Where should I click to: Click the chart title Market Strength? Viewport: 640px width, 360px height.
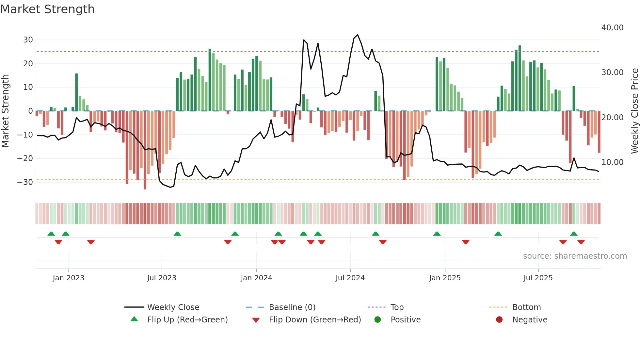click(x=48, y=9)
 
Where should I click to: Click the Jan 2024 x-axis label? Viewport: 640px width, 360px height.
click(x=256, y=278)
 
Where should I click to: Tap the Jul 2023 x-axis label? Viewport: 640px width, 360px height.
click(x=162, y=278)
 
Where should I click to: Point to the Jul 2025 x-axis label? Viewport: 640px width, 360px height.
click(x=538, y=278)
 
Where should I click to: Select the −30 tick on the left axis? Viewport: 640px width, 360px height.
click(x=25, y=182)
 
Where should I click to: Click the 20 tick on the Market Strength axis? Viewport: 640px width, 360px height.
click(x=28, y=63)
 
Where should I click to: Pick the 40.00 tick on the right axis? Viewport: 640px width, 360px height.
click(x=612, y=28)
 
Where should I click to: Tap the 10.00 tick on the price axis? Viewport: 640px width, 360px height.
click(x=612, y=162)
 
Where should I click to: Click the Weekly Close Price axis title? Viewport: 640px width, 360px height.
click(x=634, y=111)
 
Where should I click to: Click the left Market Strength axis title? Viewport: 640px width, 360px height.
click(x=6, y=111)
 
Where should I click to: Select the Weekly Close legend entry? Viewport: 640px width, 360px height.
click(x=173, y=307)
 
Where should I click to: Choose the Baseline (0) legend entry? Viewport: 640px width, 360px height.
click(x=292, y=307)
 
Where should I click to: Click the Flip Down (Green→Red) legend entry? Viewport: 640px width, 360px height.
click(x=315, y=319)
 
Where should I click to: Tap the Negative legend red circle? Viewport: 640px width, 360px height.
click(x=499, y=319)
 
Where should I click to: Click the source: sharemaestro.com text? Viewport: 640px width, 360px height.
click(x=575, y=256)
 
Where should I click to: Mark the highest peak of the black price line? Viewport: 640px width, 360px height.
click(x=358, y=35)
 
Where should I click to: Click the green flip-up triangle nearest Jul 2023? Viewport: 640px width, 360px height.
click(x=177, y=234)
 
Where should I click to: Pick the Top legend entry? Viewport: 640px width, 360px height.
click(x=397, y=307)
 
